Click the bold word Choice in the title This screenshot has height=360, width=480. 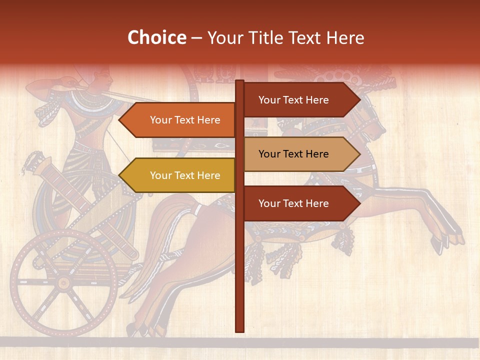coord(156,37)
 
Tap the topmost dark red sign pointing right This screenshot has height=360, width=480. coord(297,100)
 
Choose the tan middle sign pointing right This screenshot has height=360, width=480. coord(297,154)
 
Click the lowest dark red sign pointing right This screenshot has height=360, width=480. coord(297,203)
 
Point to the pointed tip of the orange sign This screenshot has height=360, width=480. coord(120,120)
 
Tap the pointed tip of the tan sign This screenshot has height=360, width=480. coord(359,154)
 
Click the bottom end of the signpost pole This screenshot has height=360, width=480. coord(239,330)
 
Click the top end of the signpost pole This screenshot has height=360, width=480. coord(239,82)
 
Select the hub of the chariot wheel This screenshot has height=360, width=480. coord(63,283)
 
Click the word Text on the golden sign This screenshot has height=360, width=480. coord(185,175)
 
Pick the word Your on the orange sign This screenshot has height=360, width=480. coord(161,120)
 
